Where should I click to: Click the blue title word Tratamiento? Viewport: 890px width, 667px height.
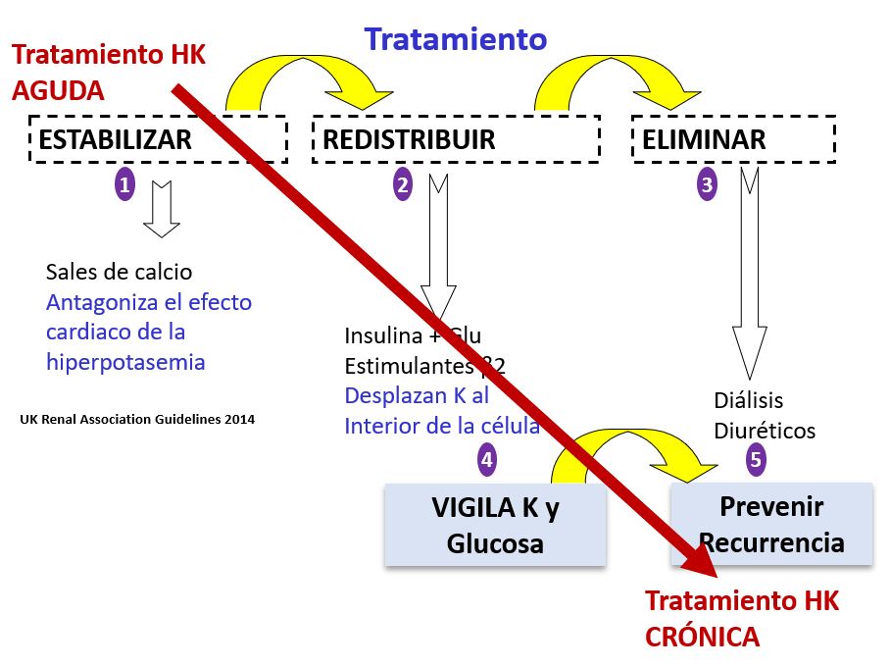(x=456, y=39)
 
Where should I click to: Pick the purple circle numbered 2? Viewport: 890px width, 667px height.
(x=403, y=183)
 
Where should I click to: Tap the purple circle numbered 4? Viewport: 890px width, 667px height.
(x=486, y=457)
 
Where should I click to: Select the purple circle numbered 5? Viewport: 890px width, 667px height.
(x=756, y=457)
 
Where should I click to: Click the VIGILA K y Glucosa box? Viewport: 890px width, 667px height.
(x=495, y=525)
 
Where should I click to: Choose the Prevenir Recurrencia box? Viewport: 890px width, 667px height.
(x=770, y=524)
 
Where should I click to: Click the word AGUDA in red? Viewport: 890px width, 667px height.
(x=58, y=90)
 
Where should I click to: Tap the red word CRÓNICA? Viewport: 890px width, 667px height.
(x=702, y=637)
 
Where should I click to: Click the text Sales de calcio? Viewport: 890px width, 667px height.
(x=120, y=272)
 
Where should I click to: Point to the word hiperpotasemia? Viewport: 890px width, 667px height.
(x=125, y=362)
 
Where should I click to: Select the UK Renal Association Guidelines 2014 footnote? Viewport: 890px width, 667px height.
(x=137, y=419)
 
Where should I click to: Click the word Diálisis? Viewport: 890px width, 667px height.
(x=750, y=400)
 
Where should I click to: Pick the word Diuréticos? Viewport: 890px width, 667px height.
(x=765, y=431)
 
